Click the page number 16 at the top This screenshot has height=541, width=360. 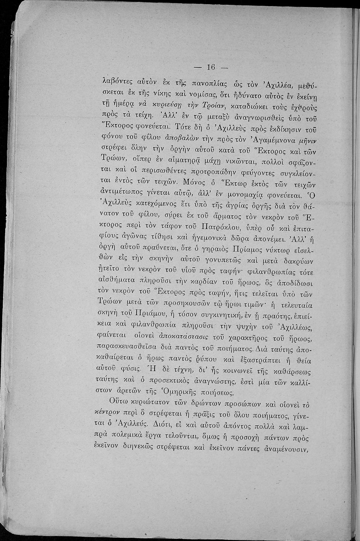pyautogui.click(x=211, y=67)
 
